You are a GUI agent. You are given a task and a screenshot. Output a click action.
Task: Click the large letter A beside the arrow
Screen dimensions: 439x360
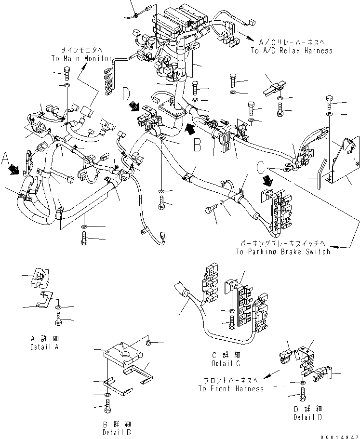click(x=5, y=158)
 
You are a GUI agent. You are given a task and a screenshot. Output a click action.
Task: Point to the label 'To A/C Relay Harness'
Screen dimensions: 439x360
click(x=291, y=51)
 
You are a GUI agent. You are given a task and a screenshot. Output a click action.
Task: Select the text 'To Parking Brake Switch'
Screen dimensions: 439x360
click(x=283, y=251)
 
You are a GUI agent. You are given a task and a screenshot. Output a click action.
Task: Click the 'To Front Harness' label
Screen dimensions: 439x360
click(x=230, y=388)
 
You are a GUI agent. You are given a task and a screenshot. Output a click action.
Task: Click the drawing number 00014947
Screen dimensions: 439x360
click(x=339, y=435)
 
